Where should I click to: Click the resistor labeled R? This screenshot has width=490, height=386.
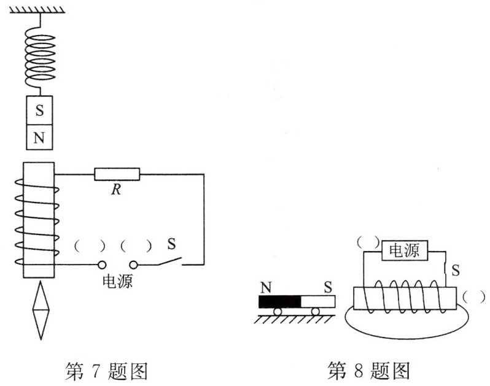point(117,174)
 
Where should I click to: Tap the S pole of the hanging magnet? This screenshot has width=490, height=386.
point(39,111)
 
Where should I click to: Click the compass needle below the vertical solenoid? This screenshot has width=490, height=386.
point(39,311)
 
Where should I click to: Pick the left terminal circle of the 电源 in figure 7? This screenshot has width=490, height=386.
point(102,265)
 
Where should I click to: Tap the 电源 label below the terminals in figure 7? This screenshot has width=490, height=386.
point(117,282)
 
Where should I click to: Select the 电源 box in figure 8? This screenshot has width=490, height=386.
point(405,250)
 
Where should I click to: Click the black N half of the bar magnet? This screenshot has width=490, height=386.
point(279,302)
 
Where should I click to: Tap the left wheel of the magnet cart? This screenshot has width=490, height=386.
point(278,312)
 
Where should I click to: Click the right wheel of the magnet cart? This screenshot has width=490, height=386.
point(315,312)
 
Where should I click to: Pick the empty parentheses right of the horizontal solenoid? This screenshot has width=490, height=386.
point(474,296)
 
